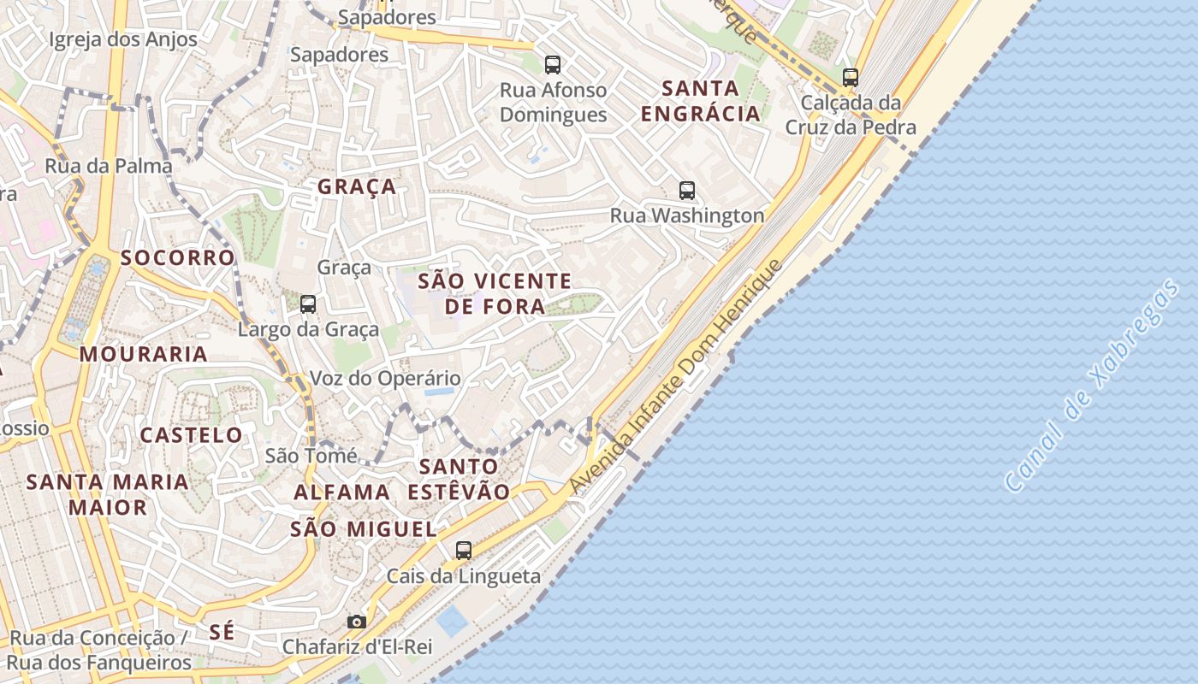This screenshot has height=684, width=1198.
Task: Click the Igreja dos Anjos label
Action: click(x=123, y=39)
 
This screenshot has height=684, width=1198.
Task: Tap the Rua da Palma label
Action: click(x=109, y=166)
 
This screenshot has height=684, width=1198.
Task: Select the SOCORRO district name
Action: click(x=177, y=257)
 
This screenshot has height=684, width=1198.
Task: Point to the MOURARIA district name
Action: click(x=144, y=354)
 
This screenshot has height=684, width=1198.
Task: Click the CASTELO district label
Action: click(x=192, y=435)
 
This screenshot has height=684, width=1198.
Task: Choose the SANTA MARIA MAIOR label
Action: click(x=108, y=494)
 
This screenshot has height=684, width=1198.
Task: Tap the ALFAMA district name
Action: click(x=342, y=492)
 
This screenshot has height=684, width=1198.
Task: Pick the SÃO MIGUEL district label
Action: click(x=364, y=529)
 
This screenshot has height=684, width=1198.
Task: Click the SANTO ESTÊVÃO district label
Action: click(x=459, y=479)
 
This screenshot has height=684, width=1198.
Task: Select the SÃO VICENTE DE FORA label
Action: click(x=495, y=293)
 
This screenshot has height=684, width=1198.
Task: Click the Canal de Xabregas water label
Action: click(x=1092, y=386)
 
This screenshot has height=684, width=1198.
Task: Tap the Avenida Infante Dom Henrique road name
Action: click(x=676, y=376)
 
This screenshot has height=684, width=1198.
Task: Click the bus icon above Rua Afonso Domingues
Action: click(x=553, y=64)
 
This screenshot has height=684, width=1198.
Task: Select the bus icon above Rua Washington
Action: click(x=687, y=190)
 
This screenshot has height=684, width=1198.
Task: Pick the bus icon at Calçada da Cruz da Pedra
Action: click(x=850, y=77)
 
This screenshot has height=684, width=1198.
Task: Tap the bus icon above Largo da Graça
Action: click(x=308, y=304)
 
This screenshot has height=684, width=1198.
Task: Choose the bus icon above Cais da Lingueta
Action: click(x=464, y=551)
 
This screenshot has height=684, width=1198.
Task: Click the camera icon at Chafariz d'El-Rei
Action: click(x=357, y=622)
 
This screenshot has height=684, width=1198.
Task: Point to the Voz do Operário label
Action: click(x=385, y=378)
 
